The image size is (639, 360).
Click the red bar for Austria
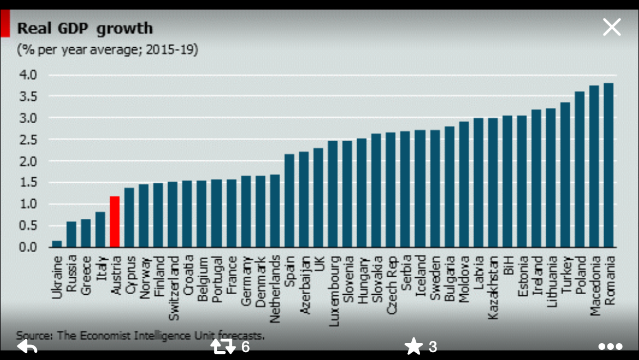(x=115, y=222)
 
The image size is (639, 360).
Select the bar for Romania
(x=609, y=165)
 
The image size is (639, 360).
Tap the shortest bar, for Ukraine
(x=57, y=244)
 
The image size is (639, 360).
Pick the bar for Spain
(x=290, y=201)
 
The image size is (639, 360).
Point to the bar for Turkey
(x=565, y=175)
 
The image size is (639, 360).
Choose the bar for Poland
(x=579, y=169)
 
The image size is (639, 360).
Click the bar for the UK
(x=318, y=197)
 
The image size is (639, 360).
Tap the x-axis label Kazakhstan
(x=493, y=287)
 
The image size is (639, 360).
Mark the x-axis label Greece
(x=86, y=276)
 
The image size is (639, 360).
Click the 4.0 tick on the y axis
(x=28, y=75)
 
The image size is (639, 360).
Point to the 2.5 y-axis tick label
(x=28, y=139)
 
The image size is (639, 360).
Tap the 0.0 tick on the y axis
(x=28, y=247)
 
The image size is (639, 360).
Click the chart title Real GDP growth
(x=85, y=28)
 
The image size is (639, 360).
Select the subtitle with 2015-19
(x=107, y=49)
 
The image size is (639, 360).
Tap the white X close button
(x=611, y=27)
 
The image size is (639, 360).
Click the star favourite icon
(x=414, y=346)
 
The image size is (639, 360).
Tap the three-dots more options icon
(x=610, y=346)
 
